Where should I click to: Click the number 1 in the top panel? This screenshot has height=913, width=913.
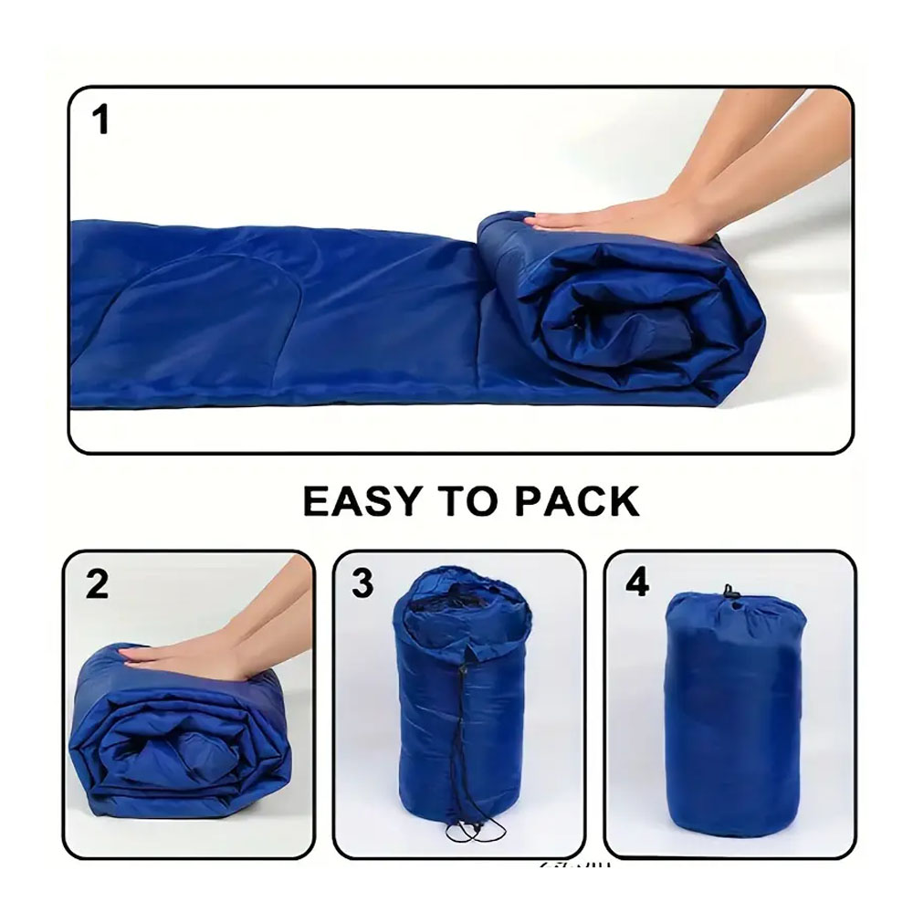[x=101, y=121]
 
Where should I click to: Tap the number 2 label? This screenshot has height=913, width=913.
[x=98, y=585]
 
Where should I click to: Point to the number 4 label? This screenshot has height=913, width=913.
[x=636, y=582]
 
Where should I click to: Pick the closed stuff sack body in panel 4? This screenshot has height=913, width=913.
[x=730, y=721]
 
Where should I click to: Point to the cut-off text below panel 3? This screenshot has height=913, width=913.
[x=575, y=864]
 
